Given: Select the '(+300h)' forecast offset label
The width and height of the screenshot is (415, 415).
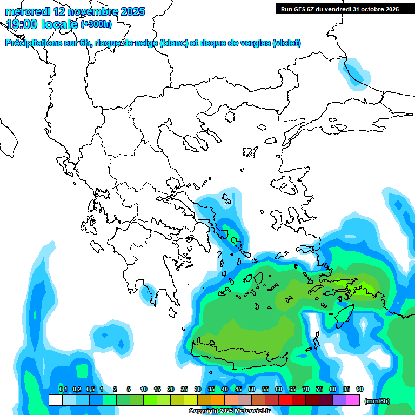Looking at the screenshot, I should [96, 24].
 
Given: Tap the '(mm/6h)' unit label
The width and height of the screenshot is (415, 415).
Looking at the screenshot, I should [377, 401].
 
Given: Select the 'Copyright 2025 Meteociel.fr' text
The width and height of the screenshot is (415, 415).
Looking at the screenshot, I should [229, 411].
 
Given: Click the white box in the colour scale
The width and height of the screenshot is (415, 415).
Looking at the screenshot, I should [55, 400].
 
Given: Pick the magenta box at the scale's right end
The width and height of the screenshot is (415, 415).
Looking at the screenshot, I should [353, 400].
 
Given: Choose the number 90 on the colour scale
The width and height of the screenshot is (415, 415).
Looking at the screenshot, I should [360, 390].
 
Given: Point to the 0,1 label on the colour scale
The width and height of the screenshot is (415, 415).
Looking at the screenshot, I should [63, 390].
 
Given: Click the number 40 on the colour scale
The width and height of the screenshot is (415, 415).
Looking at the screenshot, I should [225, 390].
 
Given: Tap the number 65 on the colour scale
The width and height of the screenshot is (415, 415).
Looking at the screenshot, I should [292, 390].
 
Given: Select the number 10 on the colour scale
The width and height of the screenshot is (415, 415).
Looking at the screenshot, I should [144, 390].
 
